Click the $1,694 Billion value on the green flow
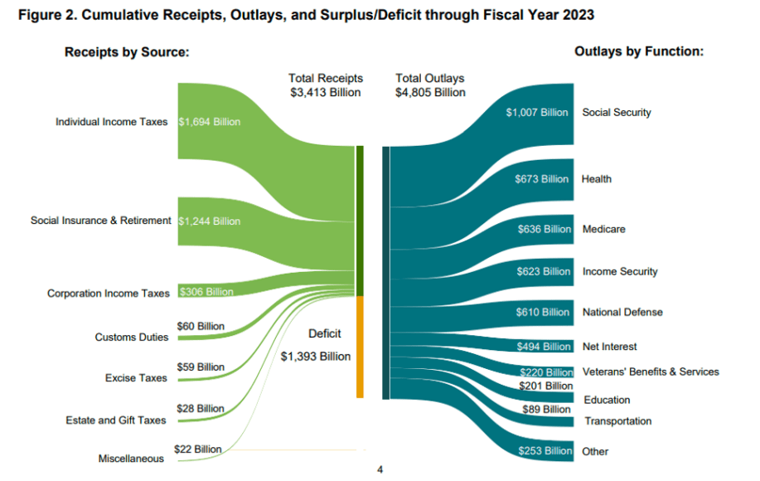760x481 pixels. (210, 122)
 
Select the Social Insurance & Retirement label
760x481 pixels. (100, 221)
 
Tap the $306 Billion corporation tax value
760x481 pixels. (206, 292)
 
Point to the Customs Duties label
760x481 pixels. (131, 338)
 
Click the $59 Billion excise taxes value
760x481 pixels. (201, 367)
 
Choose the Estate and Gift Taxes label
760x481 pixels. (116, 420)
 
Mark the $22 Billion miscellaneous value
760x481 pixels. (197, 449)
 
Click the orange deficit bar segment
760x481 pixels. (361, 347)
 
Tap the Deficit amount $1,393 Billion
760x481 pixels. (315, 356)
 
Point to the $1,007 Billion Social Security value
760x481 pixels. (537, 112)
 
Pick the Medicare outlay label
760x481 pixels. (603, 229)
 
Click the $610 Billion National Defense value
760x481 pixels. (543, 313)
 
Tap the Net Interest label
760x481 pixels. (609, 347)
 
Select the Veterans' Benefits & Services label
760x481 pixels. (651, 372)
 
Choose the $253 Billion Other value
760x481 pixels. (543, 451)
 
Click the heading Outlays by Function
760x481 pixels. (638, 51)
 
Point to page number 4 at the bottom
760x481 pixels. (380, 470)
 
